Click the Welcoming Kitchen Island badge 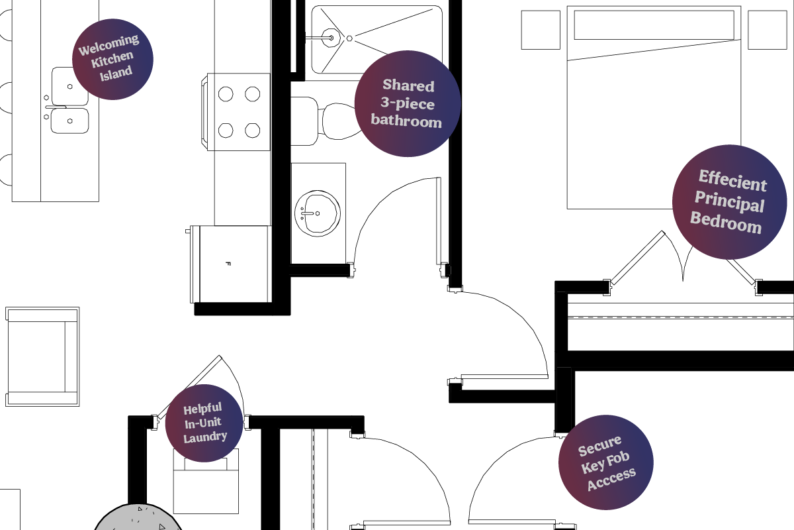pos(112,59)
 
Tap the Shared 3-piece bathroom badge pos(408,103)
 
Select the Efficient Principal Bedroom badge pos(729,202)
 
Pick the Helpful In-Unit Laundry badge pos(204,423)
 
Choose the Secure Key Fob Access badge pos(606,462)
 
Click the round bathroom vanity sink pos(317,213)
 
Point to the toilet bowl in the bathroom pos(341,121)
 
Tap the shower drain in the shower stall pos(349,38)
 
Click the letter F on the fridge pos(228,264)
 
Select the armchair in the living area pos(42,357)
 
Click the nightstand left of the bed pos(541,30)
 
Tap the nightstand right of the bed pos(768,30)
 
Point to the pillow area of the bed pos(654,25)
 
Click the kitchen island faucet pos(56,107)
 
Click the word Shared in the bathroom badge pos(408,85)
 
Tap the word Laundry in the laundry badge pos(205,437)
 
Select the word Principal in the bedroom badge pos(729,201)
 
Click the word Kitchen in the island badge pos(112,59)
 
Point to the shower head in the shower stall pos(331,38)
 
